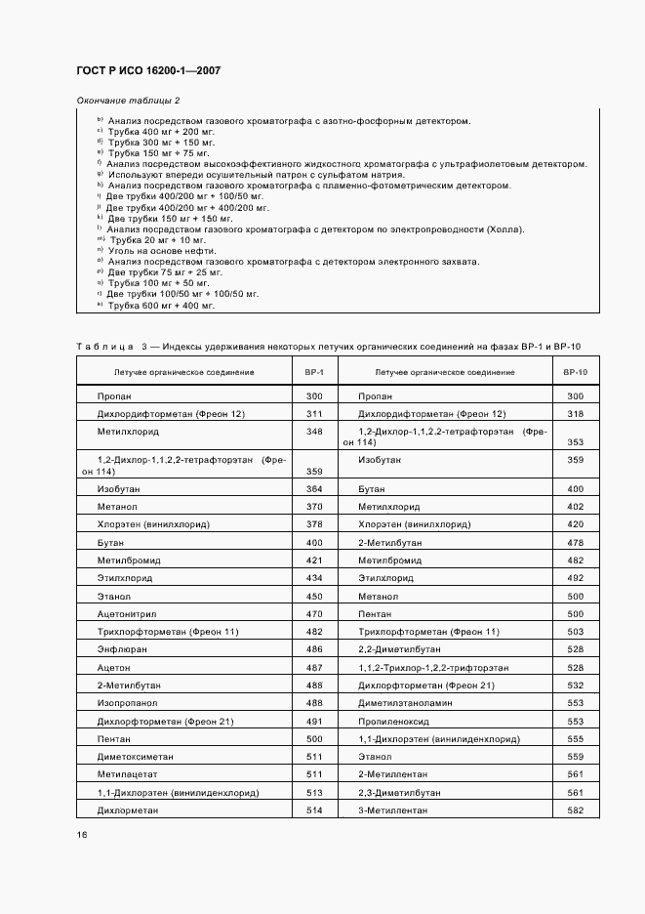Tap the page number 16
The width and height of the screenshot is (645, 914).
point(81,834)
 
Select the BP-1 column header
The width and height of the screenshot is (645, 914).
point(314,372)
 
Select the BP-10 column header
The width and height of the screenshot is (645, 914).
point(575,372)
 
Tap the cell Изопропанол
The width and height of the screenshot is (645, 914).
point(127,702)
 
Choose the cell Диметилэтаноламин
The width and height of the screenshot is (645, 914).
point(403,702)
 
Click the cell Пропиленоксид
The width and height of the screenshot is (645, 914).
point(393,720)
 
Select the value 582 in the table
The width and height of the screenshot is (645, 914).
point(575,810)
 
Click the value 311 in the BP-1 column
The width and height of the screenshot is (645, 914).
point(314,413)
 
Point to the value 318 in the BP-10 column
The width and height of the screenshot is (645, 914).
point(575,413)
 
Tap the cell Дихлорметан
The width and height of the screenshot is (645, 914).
point(125,810)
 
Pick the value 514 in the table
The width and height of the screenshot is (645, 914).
point(314,810)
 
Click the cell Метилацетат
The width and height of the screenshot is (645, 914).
point(125,773)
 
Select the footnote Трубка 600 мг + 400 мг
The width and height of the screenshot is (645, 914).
point(161,306)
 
